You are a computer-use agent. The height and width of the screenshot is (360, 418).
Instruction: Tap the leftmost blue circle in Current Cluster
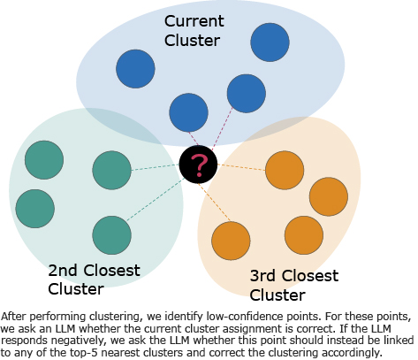click(x=135, y=69)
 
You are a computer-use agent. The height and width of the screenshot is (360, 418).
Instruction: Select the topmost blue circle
click(x=270, y=42)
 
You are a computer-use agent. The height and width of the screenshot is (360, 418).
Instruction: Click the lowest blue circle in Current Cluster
click(x=188, y=112)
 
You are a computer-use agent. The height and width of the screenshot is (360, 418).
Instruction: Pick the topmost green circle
click(x=44, y=160)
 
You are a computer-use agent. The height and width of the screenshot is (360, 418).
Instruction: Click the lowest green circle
click(x=111, y=235)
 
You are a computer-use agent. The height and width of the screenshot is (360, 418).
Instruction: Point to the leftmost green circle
click(x=35, y=209)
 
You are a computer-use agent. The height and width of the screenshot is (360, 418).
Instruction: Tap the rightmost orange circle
click(x=329, y=196)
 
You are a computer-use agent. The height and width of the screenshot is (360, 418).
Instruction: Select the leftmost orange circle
click(x=231, y=241)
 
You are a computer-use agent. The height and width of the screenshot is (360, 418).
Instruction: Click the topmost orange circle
click(x=285, y=170)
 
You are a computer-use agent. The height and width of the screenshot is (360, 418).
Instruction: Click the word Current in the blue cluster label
click(x=194, y=21)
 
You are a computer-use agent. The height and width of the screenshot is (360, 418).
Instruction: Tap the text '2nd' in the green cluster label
click(x=63, y=271)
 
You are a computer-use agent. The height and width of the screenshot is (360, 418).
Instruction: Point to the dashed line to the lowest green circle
click(x=155, y=200)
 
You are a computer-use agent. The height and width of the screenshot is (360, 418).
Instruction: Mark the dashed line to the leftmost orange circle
click(x=214, y=203)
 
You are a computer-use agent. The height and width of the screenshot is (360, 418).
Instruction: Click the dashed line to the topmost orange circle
click(x=241, y=167)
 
